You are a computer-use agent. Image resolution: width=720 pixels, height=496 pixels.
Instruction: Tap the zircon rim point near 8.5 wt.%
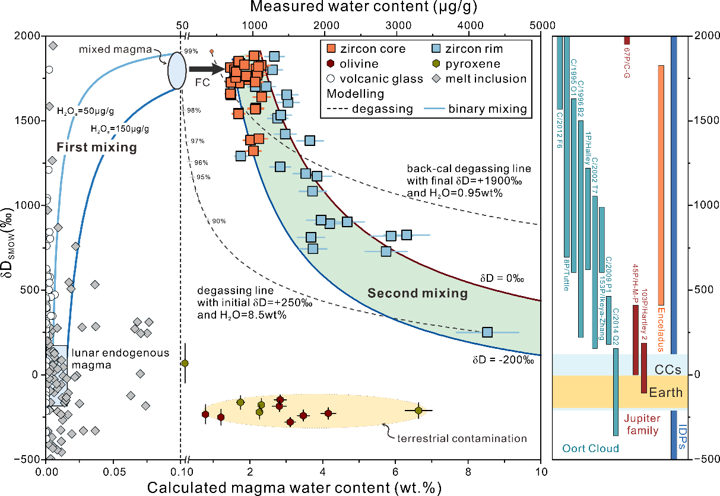point(487,332)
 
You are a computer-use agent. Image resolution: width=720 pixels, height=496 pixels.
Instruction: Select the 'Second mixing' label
point(417,293)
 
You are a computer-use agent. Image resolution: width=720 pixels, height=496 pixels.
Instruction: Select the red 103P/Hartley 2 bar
point(644,368)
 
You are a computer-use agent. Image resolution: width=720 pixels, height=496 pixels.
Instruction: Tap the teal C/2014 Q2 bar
point(616,392)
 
